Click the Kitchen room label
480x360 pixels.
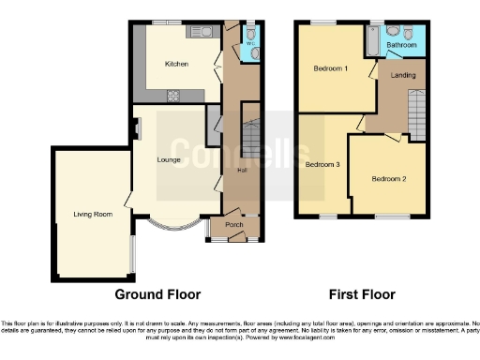click(177, 65)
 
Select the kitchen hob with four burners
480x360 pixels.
click(173, 94)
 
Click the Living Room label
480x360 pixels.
click(93, 215)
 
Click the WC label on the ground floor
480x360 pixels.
click(249, 42)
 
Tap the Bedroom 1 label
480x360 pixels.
click(330, 68)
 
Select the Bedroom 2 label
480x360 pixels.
click(388, 179)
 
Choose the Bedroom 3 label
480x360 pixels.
click(322, 165)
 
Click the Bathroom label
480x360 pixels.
click(402, 44)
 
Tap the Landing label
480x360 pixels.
click(403, 75)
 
